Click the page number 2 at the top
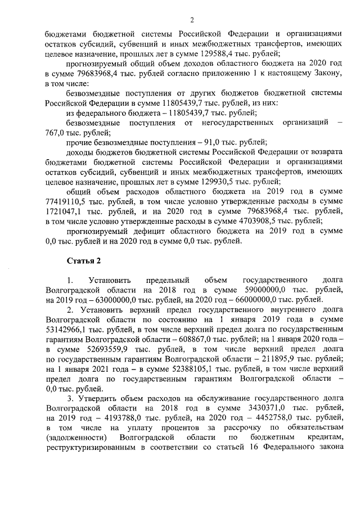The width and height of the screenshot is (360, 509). pos(191,20)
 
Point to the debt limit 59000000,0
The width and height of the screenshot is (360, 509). pos(256,290)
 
